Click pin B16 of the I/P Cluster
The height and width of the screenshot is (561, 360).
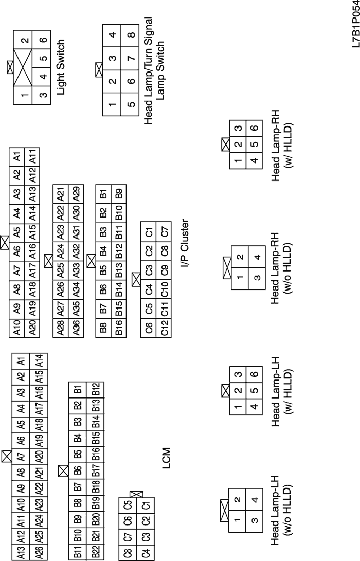pyautogui.click(x=119, y=326)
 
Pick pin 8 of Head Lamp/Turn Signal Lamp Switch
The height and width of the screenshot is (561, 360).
pyautogui.click(x=132, y=35)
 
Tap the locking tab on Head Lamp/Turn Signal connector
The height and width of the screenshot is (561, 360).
pyautogui.click(x=99, y=70)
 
